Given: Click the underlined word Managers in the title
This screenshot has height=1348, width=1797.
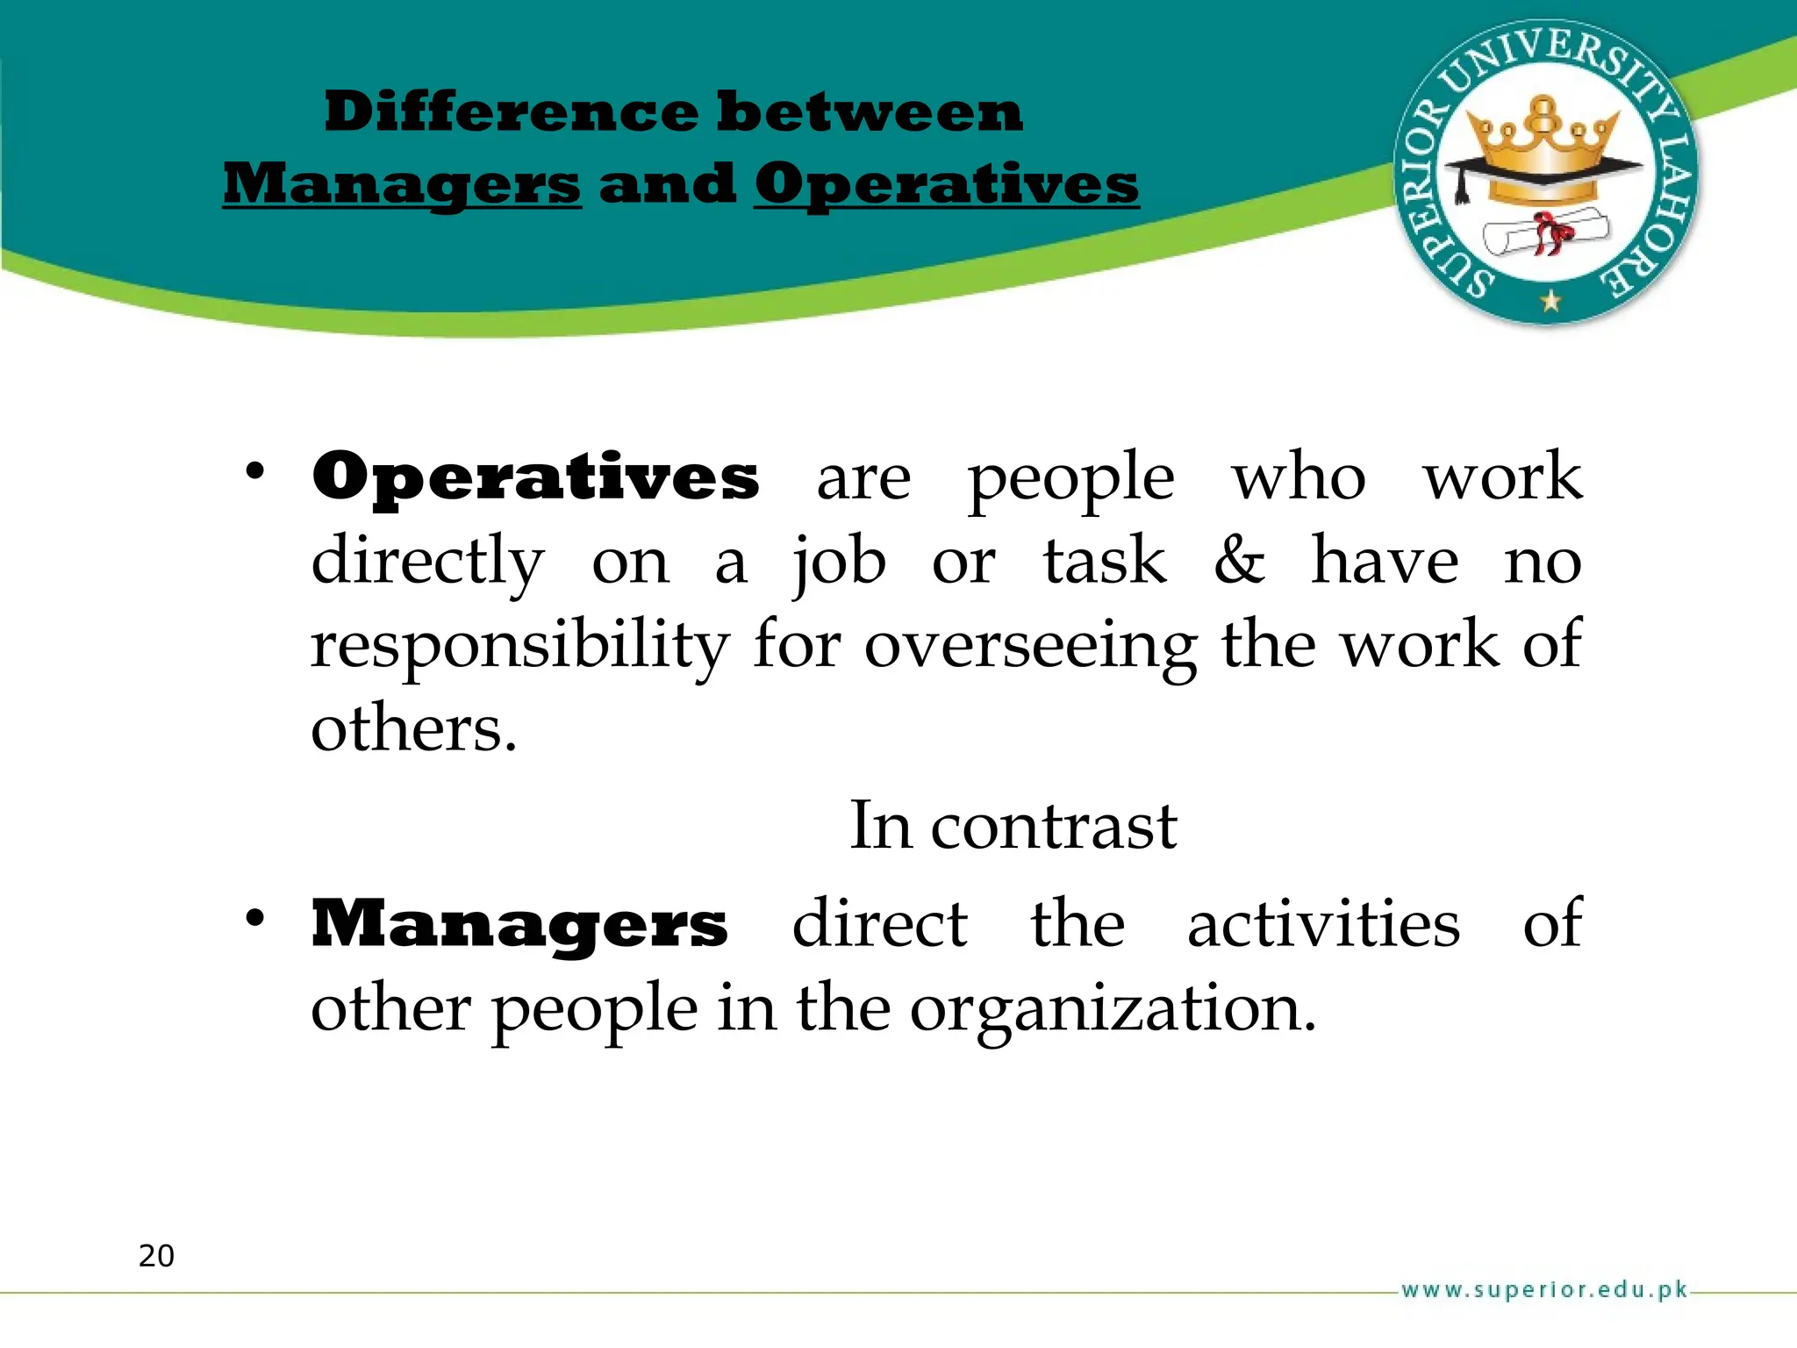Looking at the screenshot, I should pyautogui.click(x=402, y=185).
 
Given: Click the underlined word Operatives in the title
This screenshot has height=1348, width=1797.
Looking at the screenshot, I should pyautogui.click(x=947, y=185).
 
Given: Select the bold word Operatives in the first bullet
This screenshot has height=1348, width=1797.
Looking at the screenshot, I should pyautogui.click(x=535, y=477).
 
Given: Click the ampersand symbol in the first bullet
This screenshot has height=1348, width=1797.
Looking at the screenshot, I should pyautogui.click(x=1240, y=561).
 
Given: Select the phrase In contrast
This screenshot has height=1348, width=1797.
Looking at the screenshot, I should pyautogui.click(x=1013, y=827).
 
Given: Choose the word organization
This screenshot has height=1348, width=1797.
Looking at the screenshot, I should pyautogui.click(x=1113, y=1009).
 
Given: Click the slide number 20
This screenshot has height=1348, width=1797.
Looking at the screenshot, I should pyautogui.click(x=156, y=1256).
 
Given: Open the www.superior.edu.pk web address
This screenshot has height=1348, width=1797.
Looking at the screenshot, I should pyautogui.click(x=1544, y=1290).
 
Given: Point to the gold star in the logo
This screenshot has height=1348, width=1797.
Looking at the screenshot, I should pyautogui.click(x=1550, y=302).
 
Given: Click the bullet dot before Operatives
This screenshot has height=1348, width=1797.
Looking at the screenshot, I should pyautogui.click(x=254, y=472).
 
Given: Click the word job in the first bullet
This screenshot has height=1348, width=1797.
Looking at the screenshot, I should pyautogui.click(x=839, y=563).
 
